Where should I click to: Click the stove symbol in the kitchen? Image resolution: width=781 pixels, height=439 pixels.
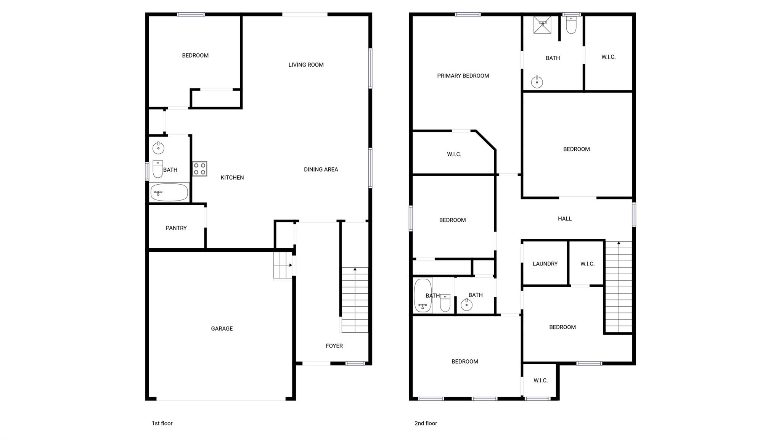coord(199,169)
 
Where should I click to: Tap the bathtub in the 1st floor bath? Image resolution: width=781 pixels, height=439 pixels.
coord(169,192)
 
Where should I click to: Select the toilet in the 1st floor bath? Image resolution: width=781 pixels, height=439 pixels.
coord(158,169)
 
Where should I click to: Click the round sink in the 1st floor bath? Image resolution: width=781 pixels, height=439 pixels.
coord(158,148)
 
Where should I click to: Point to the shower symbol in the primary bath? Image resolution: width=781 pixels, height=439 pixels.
coord(542,24)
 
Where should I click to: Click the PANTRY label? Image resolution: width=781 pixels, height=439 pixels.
coord(176,228)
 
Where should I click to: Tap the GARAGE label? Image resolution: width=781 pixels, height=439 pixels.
coord(222,328)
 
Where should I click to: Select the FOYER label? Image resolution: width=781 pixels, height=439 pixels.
coord(334,346)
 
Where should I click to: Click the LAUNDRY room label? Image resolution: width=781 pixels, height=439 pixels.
coord(545,264)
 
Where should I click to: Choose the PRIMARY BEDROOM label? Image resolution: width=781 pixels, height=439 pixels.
coord(463,76)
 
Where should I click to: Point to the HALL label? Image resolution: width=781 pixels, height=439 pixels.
coord(565,219)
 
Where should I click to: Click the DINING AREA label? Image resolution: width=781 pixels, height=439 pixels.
coord(321,169)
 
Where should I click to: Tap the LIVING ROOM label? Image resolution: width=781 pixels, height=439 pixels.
coord(306,65)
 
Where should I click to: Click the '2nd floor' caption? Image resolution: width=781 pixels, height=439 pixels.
coord(426,423)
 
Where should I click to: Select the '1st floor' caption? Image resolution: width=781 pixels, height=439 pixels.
coord(162,423)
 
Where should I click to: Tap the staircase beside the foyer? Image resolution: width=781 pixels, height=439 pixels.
coord(355,300)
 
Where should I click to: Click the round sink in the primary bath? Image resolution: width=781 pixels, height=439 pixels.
coord(537,82)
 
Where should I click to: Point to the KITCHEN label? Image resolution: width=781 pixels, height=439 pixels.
coord(232,177)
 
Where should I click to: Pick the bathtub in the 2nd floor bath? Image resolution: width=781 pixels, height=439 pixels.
coord(423,296)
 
